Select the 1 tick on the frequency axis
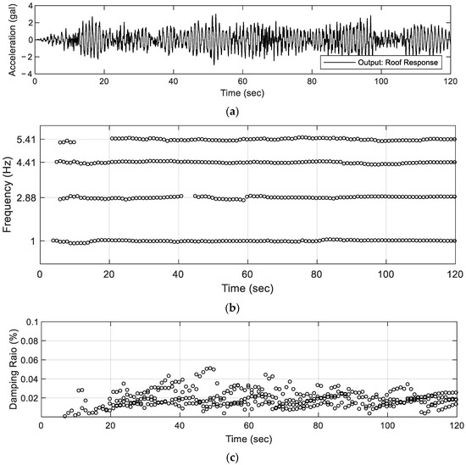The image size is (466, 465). [31, 241]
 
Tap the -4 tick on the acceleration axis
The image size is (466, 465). [27, 72]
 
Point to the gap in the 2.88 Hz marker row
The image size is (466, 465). [189, 197]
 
